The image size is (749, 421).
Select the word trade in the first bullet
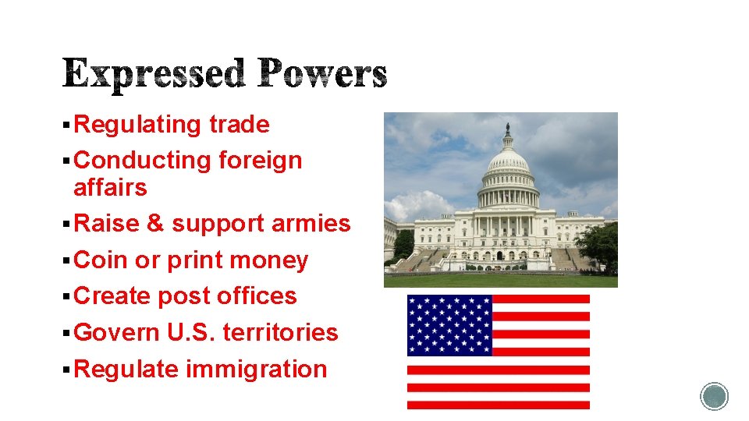[240, 125]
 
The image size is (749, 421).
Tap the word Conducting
[143, 161]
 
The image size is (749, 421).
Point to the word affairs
[110, 188]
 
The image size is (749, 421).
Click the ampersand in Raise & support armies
[155, 224]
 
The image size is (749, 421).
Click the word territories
[280, 333]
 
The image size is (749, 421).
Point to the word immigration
[256, 369]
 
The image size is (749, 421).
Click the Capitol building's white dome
[508, 164]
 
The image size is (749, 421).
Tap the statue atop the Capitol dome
[508, 129]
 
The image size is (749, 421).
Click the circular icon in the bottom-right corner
[714, 396]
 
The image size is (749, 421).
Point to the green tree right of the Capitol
[599, 244]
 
